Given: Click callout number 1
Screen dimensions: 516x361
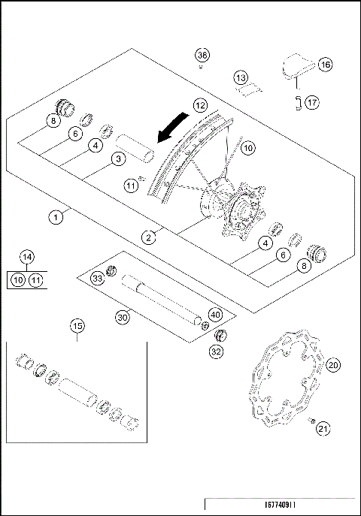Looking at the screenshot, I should pos(56,217).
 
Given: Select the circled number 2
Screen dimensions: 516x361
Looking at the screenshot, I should pos(150,237).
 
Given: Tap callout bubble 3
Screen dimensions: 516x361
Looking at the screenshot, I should pos(118,158).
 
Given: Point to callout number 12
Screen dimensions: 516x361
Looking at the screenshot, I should pos(199,106).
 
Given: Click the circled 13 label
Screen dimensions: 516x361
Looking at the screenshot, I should pos(240,78).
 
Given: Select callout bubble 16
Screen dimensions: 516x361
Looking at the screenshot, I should pos(325,65).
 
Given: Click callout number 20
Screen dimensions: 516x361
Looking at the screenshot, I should pos(333,364).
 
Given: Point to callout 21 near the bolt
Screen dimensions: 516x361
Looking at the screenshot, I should pos(323,429).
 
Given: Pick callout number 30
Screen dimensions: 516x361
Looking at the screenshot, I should pos(123,318).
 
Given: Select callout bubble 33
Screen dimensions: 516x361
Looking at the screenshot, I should pos(98,279).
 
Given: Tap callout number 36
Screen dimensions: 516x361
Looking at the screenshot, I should pos(202,55).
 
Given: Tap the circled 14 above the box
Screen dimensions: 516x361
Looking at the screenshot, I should pos(27,258).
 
